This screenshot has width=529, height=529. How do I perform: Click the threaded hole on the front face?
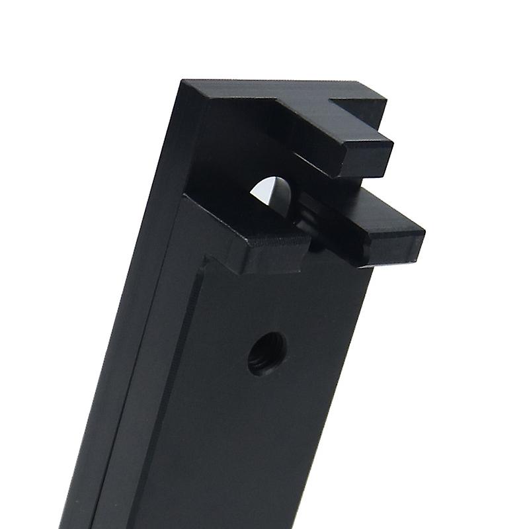pyautogui.click(x=266, y=353)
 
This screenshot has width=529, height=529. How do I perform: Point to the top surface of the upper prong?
pyautogui.click(x=331, y=129)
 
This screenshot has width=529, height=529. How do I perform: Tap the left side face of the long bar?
pyautogui.click(x=126, y=331)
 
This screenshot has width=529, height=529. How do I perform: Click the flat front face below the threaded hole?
pyautogui.click(x=264, y=450)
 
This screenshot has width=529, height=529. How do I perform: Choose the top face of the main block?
pyautogui.click(x=264, y=93)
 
